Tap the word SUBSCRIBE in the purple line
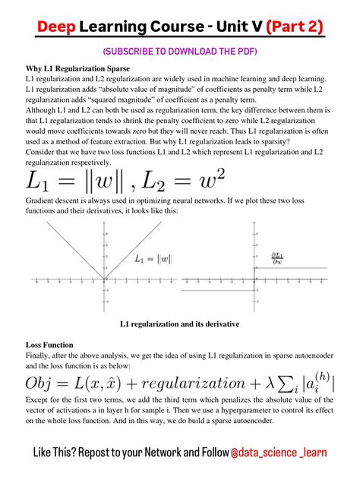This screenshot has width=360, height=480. tap(125, 52)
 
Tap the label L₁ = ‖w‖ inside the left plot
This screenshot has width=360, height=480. tap(154, 258)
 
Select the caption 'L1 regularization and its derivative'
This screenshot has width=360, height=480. tap(180, 324)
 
